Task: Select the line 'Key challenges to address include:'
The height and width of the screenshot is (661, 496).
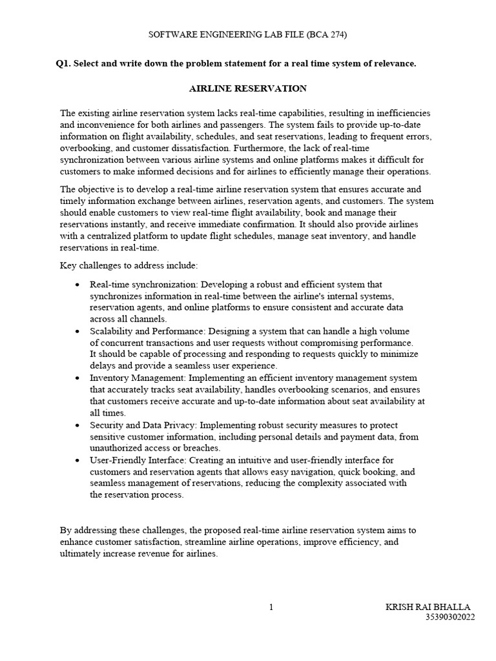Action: tap(129, 265)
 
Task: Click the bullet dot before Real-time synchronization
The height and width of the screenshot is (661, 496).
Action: tap(77, 285)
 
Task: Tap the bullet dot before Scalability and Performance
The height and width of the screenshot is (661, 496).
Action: tap(77, 331)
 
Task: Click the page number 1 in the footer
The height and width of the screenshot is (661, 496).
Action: tap(271, 607)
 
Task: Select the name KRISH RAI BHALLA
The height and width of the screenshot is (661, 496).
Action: tap(428, 607)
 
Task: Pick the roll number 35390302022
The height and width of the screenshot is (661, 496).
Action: tap(449, 617)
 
